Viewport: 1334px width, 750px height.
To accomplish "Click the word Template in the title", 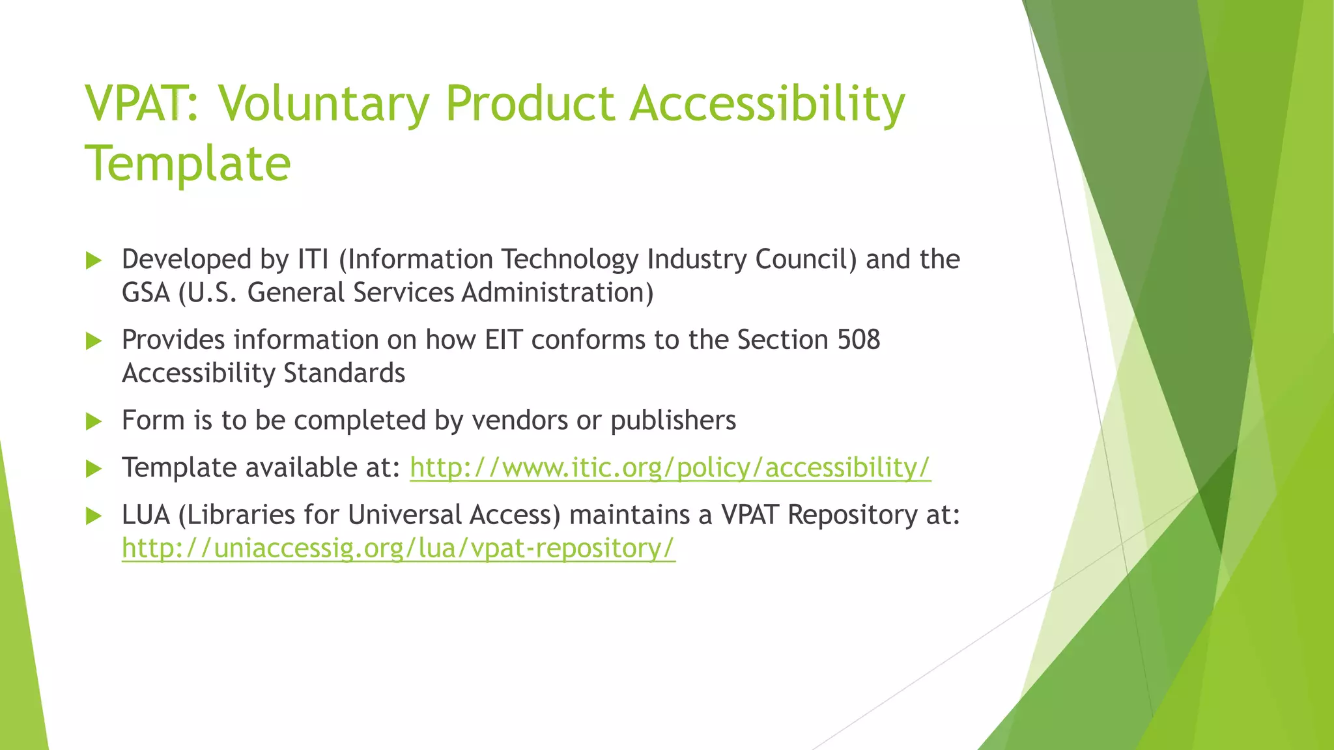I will (x=188, y=163).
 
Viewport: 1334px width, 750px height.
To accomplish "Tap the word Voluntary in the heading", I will (x=323, y=104).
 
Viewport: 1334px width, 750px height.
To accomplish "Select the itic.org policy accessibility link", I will (x=670, y=467).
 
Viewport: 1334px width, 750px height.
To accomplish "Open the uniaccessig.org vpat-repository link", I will (x=399, y=548).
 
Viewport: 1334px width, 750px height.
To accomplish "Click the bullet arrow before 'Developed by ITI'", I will (x=94, y=260).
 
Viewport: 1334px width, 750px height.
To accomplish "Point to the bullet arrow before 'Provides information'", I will (x=94, y=340).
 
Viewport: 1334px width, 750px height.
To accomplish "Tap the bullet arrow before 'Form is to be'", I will (x=94, y=421).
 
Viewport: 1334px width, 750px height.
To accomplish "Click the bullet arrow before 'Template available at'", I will (x=94, y=469).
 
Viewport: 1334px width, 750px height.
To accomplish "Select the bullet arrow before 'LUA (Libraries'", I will (x=94, y=516).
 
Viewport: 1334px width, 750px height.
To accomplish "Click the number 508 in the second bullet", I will (x=859, y=340).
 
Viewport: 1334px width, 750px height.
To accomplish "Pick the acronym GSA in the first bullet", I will (x=146, y=292).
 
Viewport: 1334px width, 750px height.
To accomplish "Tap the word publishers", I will (x=673, y=421).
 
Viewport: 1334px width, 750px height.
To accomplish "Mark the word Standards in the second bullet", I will (x=345, y=373).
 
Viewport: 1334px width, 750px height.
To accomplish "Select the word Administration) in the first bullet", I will (x=558, y=292).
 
